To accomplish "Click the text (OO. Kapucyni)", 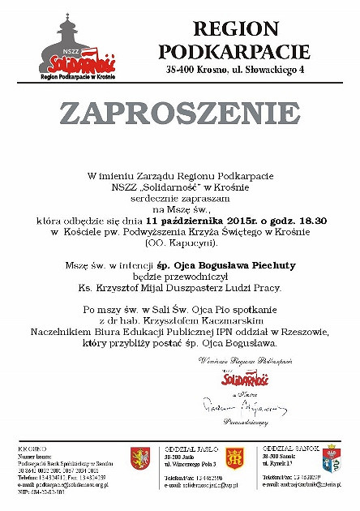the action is [x=180, y=243].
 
